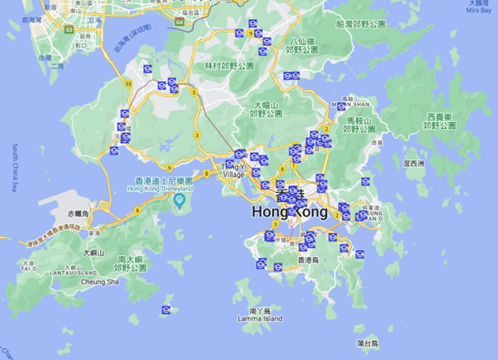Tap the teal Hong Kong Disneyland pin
tap(179, 202)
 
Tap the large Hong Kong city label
tap(290, 211)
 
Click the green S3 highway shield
tap(67, 29)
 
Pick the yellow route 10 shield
tap(127, 84)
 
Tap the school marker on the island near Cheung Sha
tap(165, 310)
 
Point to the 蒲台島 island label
tap(369, 344)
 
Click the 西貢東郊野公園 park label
tap(440, 121)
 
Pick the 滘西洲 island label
tap(414, 163)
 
